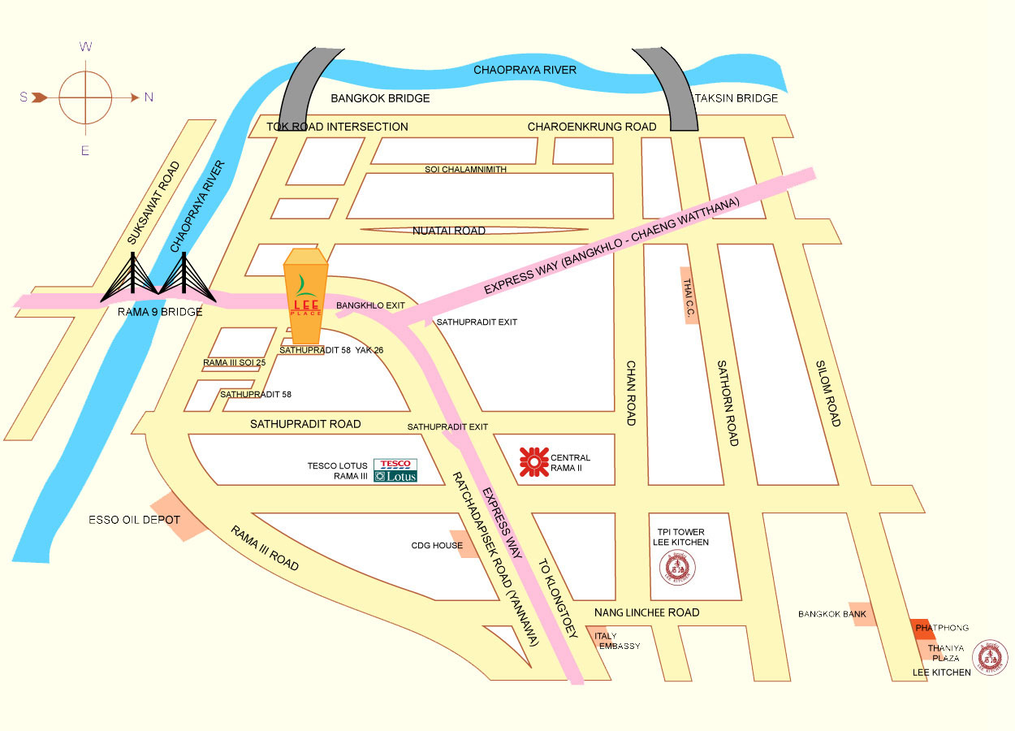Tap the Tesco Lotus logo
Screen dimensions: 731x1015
pos(395,470)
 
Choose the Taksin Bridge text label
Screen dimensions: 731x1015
pos(736,98)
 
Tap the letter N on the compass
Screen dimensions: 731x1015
pos(149,97)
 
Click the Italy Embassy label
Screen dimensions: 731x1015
pos(617,641)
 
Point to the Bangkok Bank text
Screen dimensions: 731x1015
pos(832,615)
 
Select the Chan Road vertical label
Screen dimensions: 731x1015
pos(630,393)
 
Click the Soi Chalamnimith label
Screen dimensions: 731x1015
pos(465,169)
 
